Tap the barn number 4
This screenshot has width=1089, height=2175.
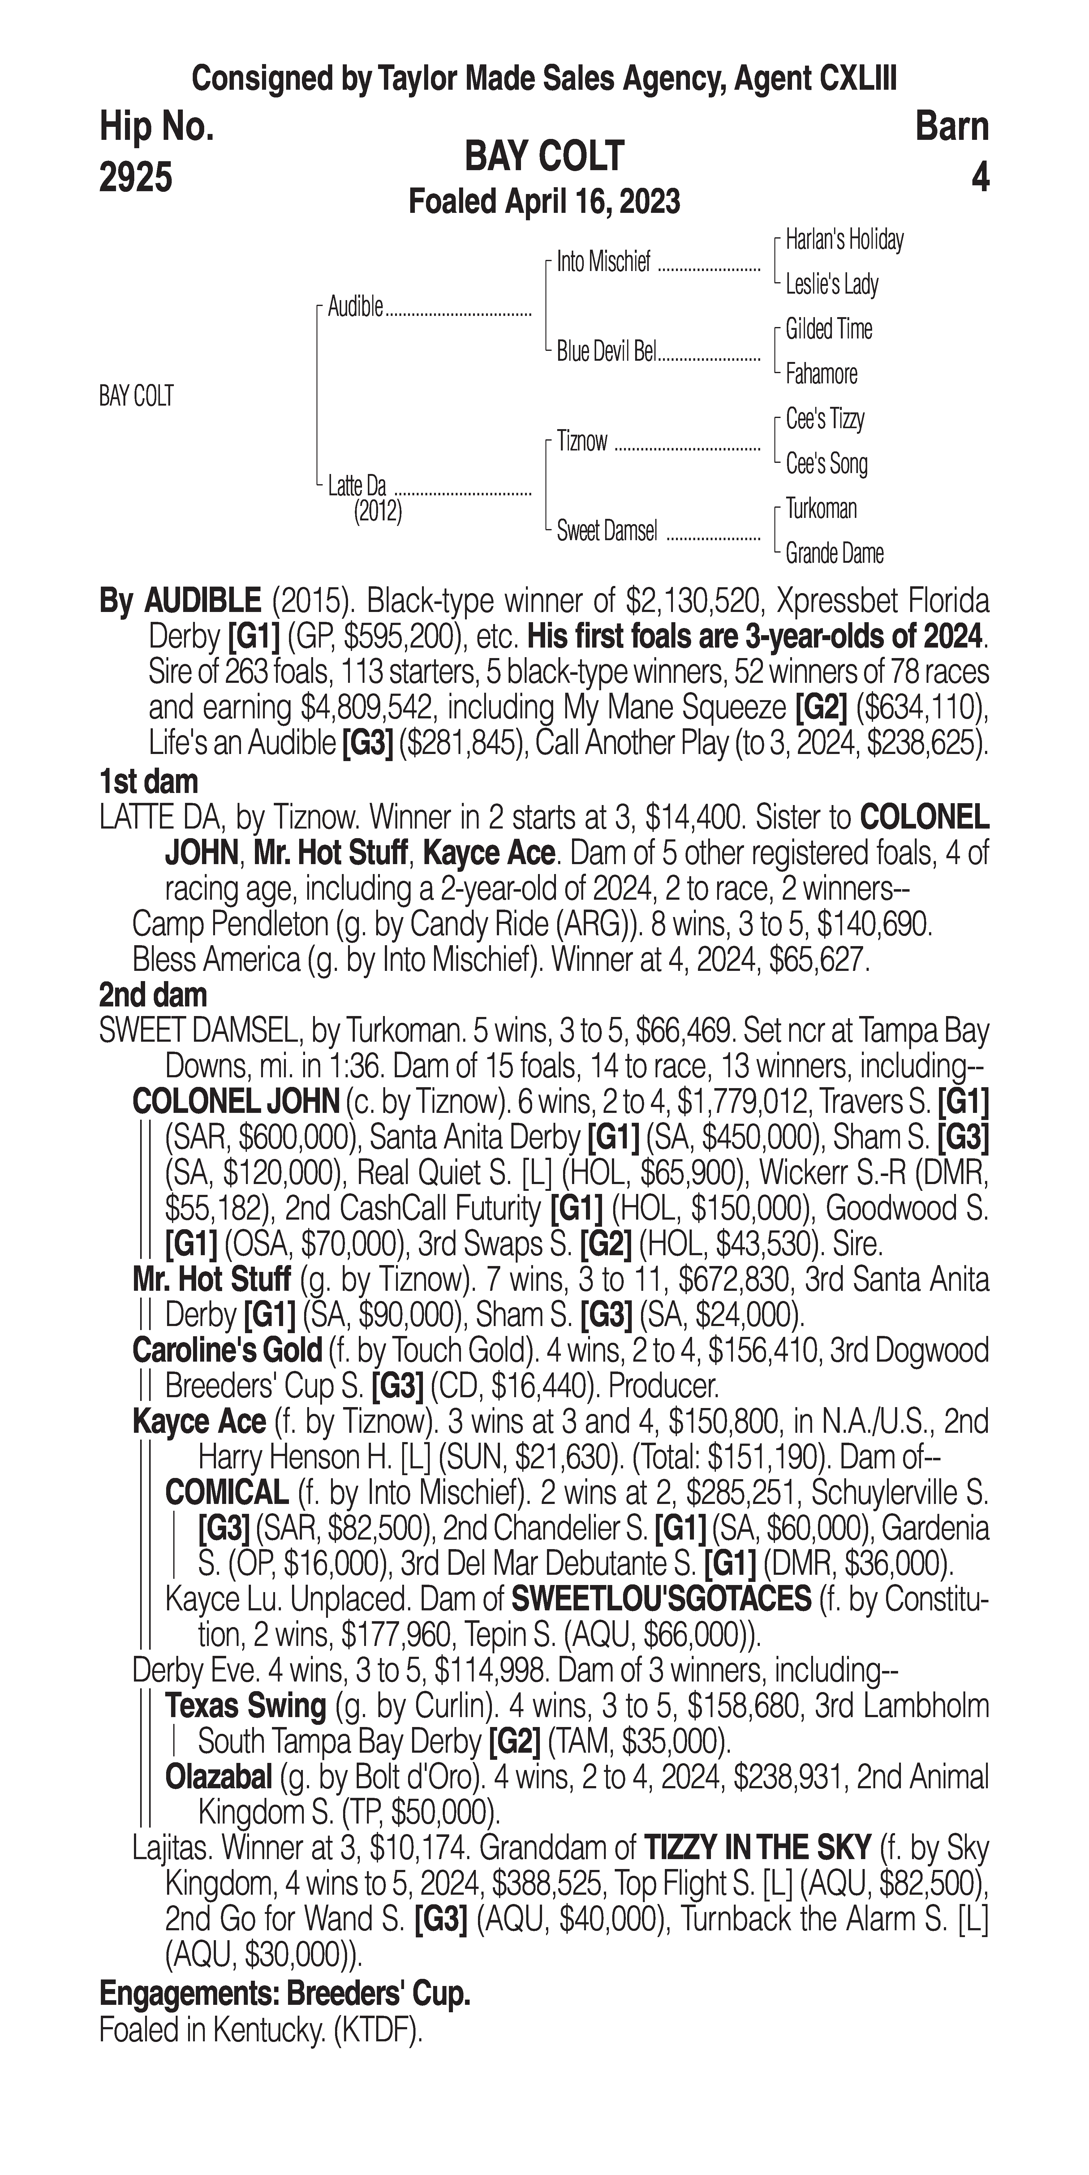click(979, 177)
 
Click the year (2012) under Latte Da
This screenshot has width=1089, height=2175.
click(377, 512)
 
